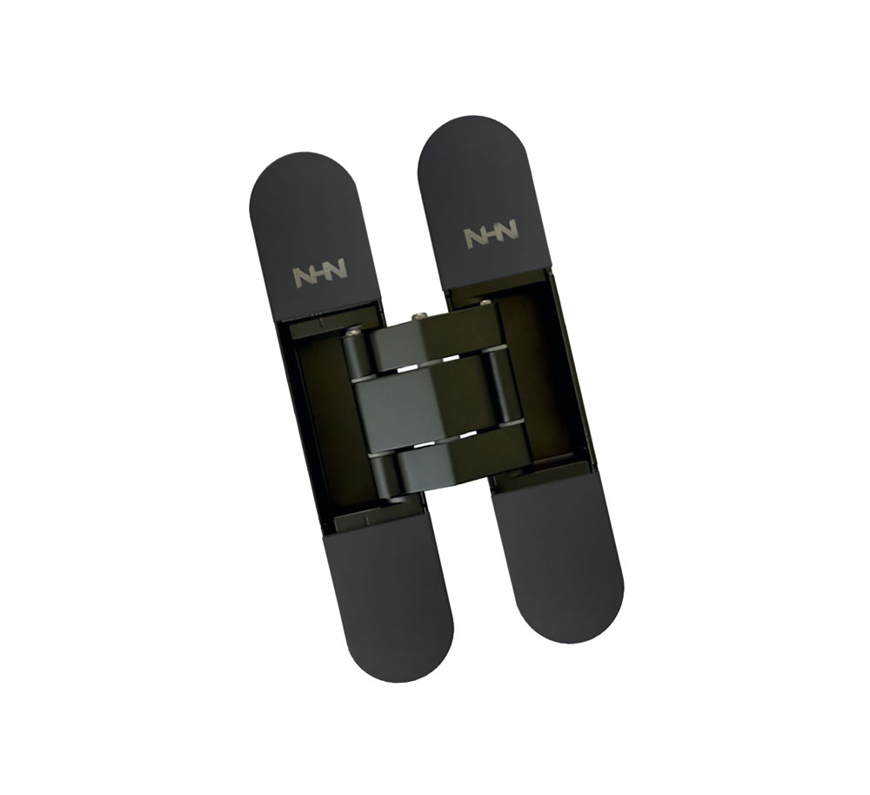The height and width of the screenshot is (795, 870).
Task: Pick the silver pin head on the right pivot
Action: point(485,304)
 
